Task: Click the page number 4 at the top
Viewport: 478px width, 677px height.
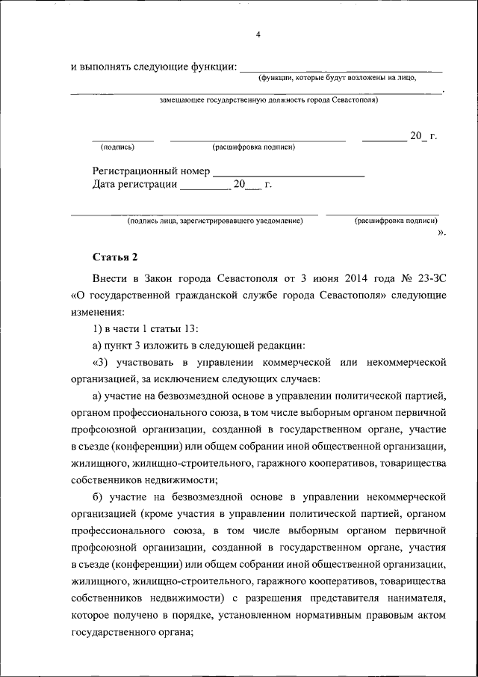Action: [x=258, y=35]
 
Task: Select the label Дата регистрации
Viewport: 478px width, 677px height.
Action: [x=134, y=184]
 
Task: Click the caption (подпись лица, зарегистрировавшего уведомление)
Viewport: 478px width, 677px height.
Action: [x=214, y=221]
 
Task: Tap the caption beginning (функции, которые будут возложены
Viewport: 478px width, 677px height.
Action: [x=337, y=78]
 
